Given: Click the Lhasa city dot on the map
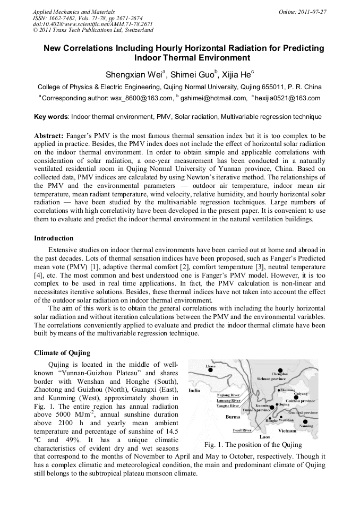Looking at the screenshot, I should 210,370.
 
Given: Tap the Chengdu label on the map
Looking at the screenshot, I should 279,374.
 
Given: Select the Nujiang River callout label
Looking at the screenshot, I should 228,395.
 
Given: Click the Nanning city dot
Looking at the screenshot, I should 305,421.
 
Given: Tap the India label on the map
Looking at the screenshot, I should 194,390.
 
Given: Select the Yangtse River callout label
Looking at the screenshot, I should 228,406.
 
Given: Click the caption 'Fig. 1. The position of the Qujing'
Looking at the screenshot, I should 253,445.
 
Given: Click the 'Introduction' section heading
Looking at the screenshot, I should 54,238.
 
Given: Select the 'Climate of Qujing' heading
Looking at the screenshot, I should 62,353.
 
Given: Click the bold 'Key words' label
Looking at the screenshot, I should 51,116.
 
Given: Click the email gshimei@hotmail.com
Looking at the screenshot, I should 214,98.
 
